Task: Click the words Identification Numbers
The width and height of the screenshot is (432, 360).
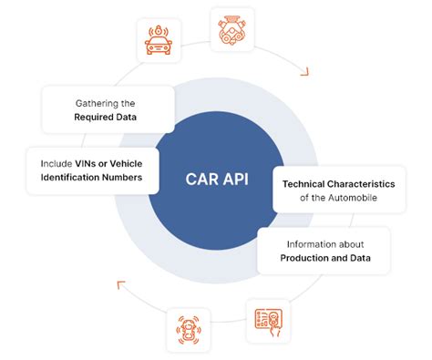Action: (90, 178)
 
